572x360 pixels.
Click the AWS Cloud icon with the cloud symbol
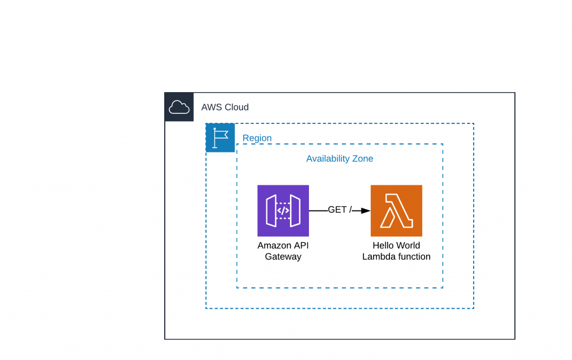(179, 107)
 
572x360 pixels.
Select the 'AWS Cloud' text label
(225, 107)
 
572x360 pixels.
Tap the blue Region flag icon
(220, 138)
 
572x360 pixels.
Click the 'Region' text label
(257, 138)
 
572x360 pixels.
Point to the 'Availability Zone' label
(339, 159)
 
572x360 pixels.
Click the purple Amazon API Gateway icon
(283, 210)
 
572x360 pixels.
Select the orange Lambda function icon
(396, 210)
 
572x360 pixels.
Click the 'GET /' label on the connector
(340, 210)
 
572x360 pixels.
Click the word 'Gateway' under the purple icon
(283, 257)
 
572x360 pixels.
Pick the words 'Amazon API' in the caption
(283, 246)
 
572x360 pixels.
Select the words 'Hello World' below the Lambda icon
(396, 246)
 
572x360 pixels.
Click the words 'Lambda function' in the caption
(396, 257)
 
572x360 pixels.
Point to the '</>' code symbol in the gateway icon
(283, 210)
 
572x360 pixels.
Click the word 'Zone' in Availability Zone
(362, 159)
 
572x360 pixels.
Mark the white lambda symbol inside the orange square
(396, 211)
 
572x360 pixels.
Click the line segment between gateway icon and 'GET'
(318, 210)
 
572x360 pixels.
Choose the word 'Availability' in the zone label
(327, 159)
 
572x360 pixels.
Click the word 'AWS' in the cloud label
(211, 107)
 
